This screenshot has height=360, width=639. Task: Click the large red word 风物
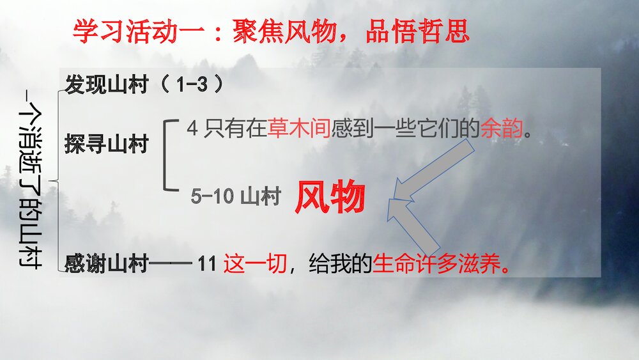(x=330, y=198)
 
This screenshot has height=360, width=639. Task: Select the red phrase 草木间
(x=298, y=129)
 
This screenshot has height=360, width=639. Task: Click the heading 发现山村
(x=106, y=85)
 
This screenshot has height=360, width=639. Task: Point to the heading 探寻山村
(x=106, y=145)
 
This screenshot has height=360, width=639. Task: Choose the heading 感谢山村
(x=106, y=263)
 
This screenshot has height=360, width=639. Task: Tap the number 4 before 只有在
(x=192, y=129)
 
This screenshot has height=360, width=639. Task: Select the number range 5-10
(x=212, y=197)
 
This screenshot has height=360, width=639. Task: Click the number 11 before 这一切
(x=208, y=263)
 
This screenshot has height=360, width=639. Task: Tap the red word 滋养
(x=480, y=263)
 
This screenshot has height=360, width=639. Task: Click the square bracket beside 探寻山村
(x=169, y=155)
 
